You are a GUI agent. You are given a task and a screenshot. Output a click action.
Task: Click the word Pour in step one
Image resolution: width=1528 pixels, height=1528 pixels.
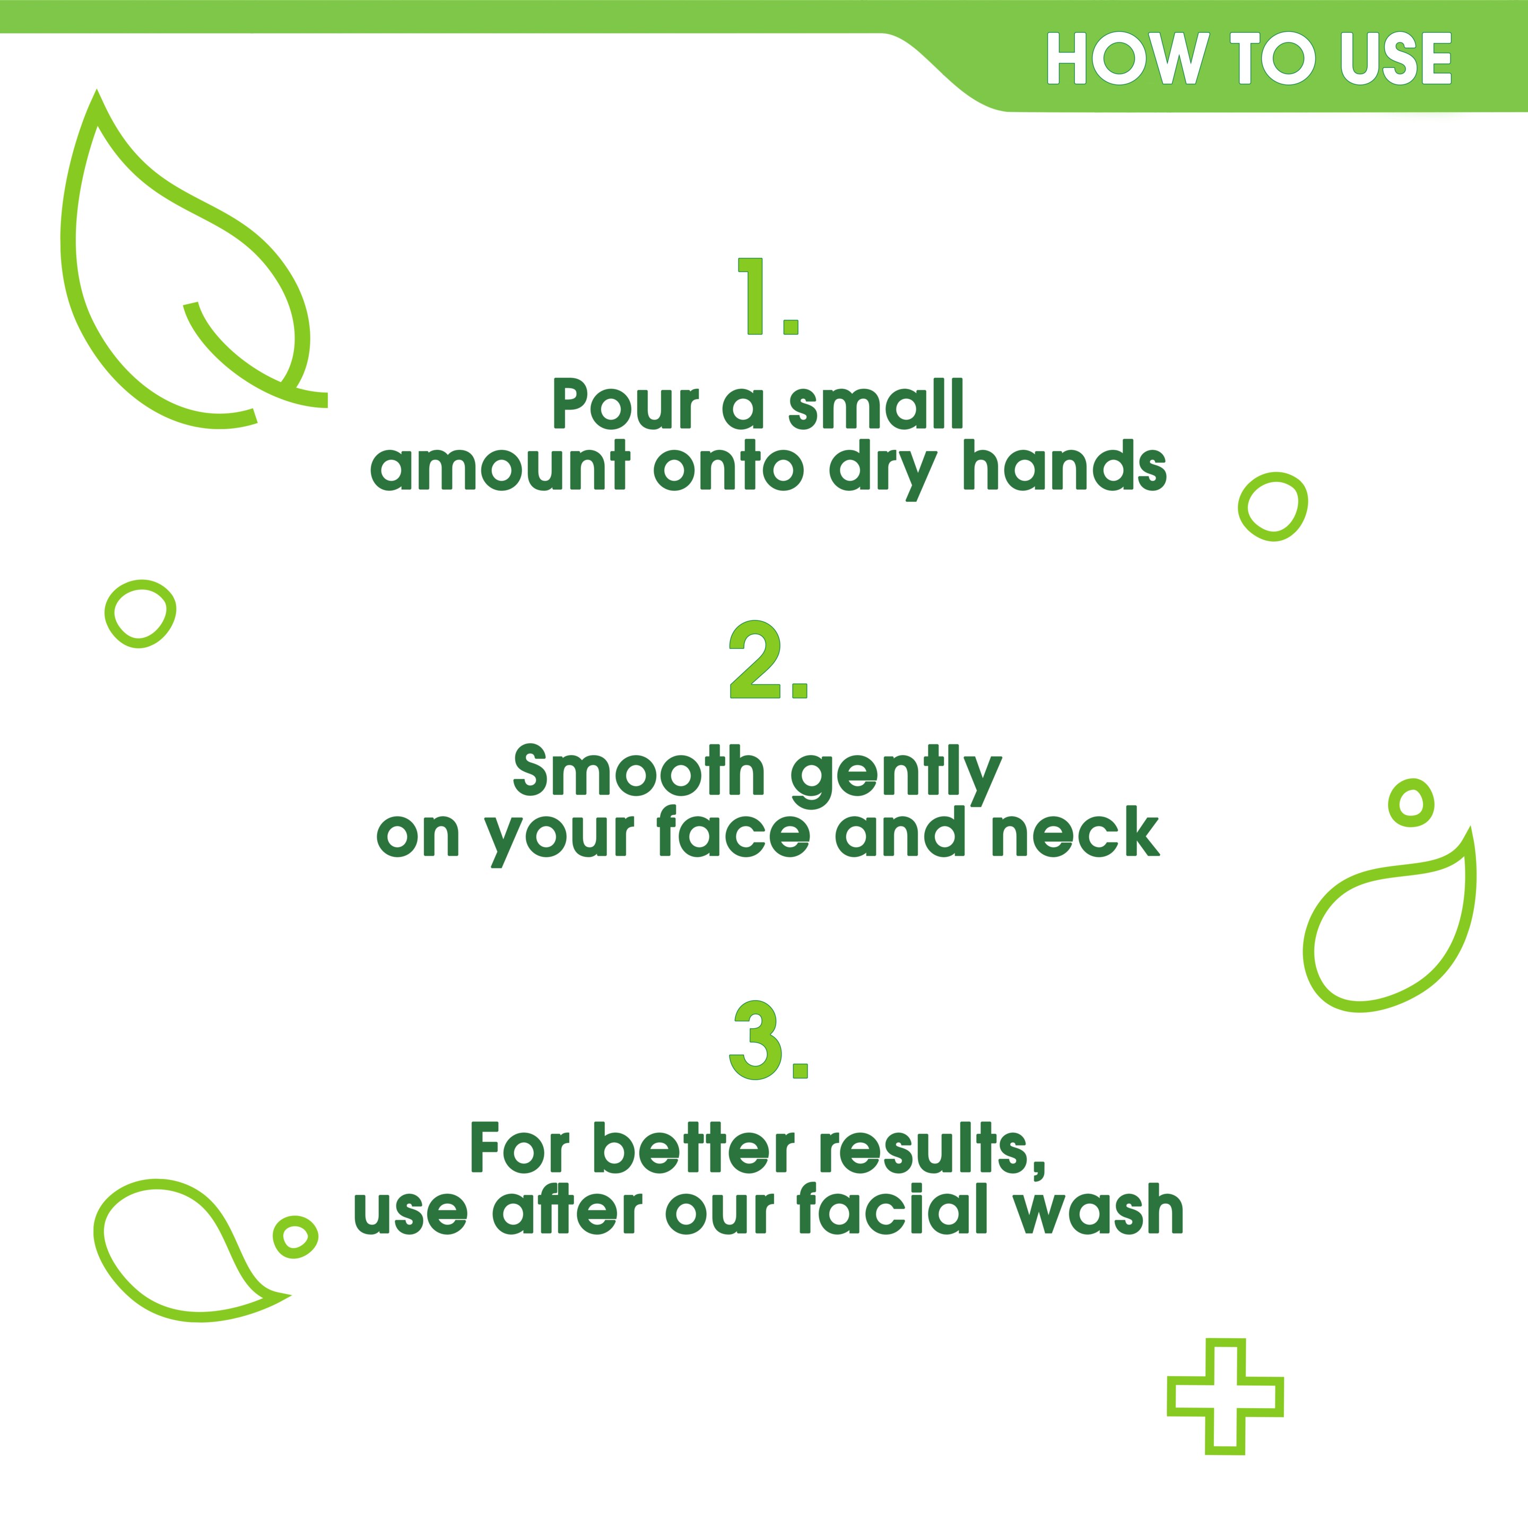click(626, 404)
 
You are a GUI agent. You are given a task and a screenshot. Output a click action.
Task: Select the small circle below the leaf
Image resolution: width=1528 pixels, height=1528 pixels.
click(140, 614)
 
